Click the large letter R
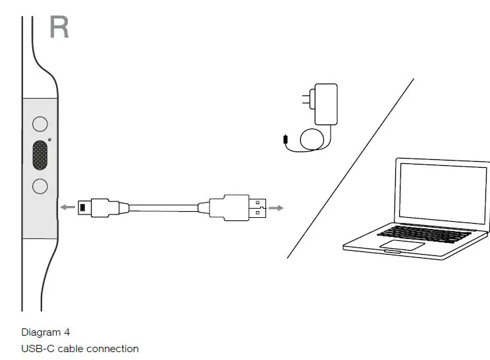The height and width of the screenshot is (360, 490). pos(59,27)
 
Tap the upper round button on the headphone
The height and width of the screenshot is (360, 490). pos(40,123)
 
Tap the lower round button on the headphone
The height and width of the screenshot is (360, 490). pos(40,186)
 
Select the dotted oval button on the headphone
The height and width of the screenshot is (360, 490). pos(40,155)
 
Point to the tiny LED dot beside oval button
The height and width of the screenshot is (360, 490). pos(50,139)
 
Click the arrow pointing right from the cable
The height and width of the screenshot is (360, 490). pos(277,208)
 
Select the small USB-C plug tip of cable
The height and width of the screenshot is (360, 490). pos(83,207)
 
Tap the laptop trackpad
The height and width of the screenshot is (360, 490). pos(402,245)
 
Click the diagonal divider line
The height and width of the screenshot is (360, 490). pos(351,168)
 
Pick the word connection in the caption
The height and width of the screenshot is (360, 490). pos(113,349)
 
